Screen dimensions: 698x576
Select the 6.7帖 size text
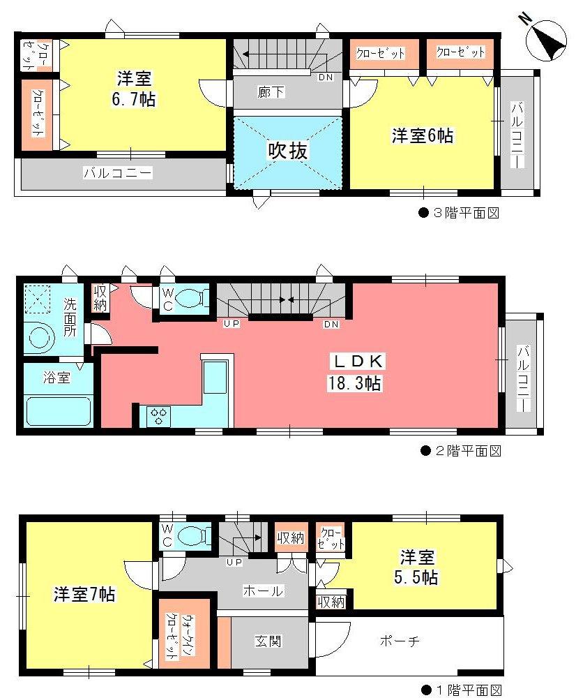[x=135, y=100]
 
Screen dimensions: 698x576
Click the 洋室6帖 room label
[x=422, y=136]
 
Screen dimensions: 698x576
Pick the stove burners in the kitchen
[x=159, y=416]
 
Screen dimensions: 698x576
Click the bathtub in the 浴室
[x=59, y=411]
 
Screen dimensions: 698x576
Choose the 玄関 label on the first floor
[x=268, y=641]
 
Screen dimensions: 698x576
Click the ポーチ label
[x=400, y=641]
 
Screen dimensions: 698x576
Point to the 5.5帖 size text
[x=418, y=578]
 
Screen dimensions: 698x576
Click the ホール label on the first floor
[x=263, y=591]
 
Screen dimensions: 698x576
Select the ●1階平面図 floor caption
[x=460, y=690]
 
